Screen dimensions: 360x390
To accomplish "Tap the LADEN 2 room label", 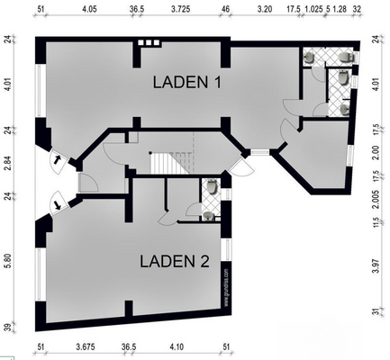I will tap(176, 262).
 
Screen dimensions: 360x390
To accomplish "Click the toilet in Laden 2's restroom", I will tap(212, 187).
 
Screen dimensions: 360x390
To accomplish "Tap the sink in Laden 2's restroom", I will tap(209, 216).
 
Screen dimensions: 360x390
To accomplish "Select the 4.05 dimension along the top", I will tap(88, 9).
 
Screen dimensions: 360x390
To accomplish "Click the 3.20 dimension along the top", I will tap(264, 9).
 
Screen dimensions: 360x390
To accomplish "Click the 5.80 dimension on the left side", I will tap(8, 261).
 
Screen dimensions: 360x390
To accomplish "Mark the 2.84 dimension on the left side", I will tap(8, 162).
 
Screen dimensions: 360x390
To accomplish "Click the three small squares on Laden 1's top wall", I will tap(148, 42).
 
